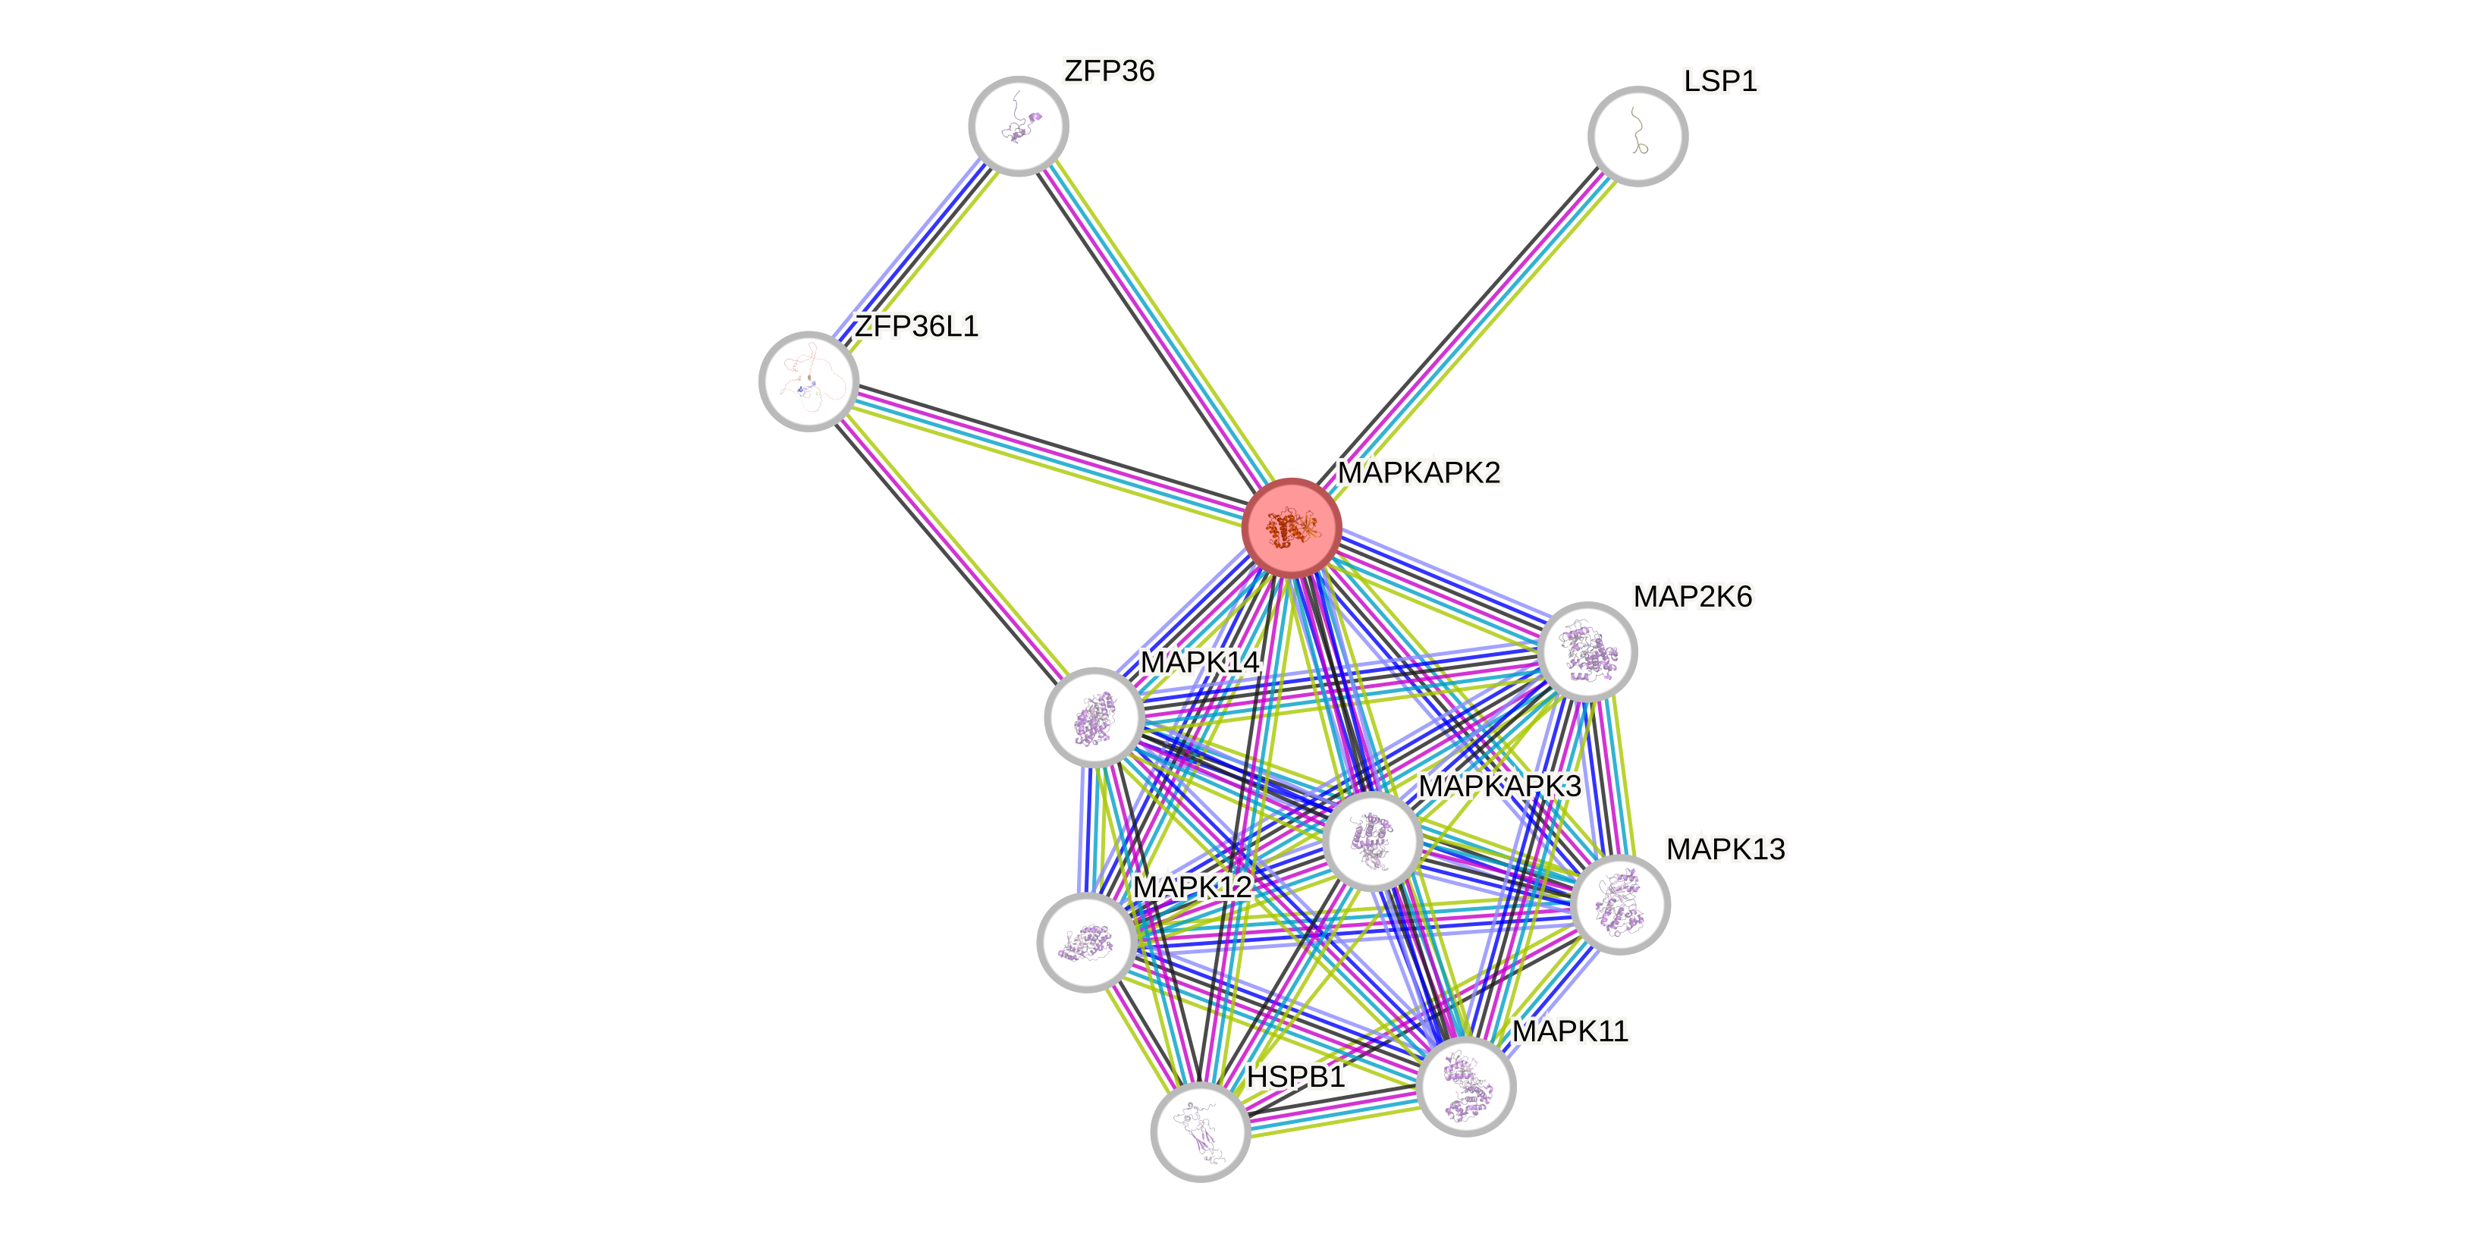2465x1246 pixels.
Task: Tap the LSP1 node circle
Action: coord(1638,136)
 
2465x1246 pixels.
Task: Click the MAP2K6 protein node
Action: coord(1587,651)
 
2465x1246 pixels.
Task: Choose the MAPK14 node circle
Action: coord(1094,717)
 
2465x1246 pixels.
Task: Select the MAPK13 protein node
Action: coord(1620,904)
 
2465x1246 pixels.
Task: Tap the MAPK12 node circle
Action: coord(1086,943)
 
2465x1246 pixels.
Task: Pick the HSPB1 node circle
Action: coord(1200,1132)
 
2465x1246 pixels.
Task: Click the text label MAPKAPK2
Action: coord(1419,472)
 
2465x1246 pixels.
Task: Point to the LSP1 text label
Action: coord(1719,81)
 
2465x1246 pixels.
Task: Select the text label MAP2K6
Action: coord(1692,597)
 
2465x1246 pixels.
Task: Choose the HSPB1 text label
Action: coord(1295,1078)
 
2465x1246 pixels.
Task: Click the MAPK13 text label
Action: coord(1724,849)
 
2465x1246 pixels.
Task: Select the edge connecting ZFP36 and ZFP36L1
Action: coord(914,253)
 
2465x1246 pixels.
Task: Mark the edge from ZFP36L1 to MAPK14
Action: coord(951,549)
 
